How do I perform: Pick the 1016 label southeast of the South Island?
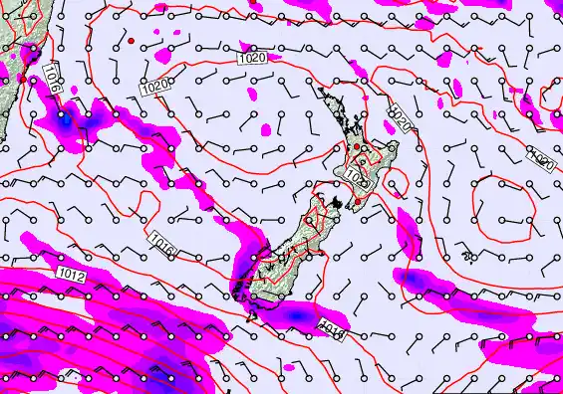332,326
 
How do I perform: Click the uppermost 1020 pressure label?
253,60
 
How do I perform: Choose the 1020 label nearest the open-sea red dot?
154,89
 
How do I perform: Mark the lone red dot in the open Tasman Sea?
131,41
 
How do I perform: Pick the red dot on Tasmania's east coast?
21,77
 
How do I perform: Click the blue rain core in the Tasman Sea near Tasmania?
66,119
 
